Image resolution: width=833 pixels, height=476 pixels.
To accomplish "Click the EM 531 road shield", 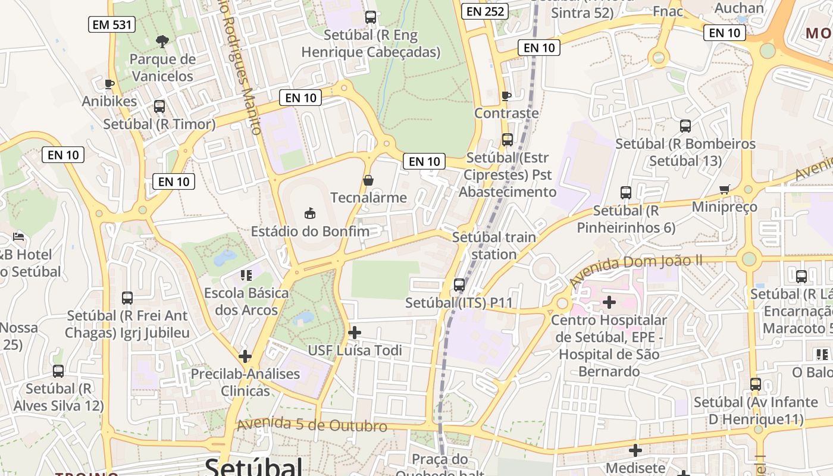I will [x=112, y=24].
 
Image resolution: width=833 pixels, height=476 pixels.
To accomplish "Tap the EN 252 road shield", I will [x=486, y=11].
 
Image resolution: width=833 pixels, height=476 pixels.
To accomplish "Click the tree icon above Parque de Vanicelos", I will [x=162, y=41].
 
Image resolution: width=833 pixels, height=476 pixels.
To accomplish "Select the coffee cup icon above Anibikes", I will [x=109, y=84].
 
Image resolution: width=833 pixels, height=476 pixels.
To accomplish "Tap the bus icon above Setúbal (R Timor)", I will [x=159, y=107].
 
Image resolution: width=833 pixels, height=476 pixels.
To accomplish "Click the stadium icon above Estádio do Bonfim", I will [x=309, y=212].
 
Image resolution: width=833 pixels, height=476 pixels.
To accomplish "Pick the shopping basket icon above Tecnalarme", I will [x=368, y=180].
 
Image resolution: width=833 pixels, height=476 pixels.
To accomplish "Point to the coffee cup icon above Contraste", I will [x=506, y=96].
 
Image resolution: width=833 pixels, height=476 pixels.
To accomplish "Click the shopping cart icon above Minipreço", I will [x=724, y=189].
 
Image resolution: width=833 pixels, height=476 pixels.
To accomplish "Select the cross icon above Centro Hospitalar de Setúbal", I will [x=609, y=302].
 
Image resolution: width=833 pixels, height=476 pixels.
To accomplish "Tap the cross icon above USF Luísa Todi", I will [x=355, y=332].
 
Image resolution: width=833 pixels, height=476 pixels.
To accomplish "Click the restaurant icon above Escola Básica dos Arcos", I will [x=246, y=275].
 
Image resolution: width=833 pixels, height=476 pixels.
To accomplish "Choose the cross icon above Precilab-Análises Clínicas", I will [x=245, y=356].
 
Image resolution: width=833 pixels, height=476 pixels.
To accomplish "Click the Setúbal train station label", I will [x=494, y=246].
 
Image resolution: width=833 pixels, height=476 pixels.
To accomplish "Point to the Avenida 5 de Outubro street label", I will [x=312, y=425].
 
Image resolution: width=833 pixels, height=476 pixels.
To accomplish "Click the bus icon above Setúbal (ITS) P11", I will [x=459, y=284].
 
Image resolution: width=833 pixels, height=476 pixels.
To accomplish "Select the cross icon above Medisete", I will [x=635, y=450].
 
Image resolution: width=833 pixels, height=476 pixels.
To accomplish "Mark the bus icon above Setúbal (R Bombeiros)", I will [x=685, y=126].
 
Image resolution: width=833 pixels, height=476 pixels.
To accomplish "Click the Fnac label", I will [x=668, y=11].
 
